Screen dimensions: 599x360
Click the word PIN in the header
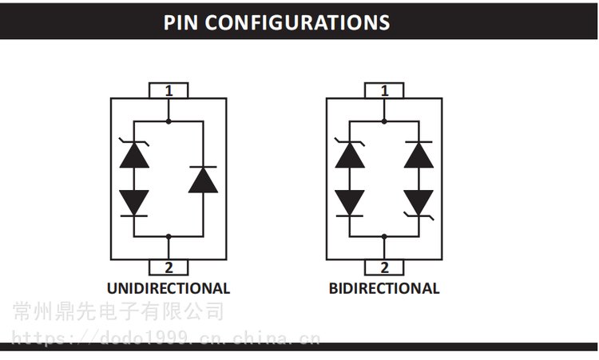(180, 22)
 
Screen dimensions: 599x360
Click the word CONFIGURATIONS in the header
(298, 22)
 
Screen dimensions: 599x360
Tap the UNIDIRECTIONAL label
(169, 288)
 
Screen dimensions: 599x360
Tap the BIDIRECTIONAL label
(384, 288)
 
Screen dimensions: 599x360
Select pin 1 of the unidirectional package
(169, 90)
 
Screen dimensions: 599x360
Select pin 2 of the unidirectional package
(169, 267)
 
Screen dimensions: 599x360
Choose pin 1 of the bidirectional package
(384, 90)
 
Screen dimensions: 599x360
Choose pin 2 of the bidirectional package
(384, 267)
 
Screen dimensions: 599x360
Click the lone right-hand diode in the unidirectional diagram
(203, 180)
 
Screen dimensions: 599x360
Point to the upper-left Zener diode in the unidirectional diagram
(134, 154)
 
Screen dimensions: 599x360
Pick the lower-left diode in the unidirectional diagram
(134, 203)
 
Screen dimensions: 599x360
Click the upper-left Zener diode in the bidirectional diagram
(350, 154)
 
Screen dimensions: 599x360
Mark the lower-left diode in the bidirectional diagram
(350, 203)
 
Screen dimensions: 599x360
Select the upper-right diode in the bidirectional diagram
(419, 154)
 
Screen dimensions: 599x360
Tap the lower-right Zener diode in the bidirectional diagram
(419, 204)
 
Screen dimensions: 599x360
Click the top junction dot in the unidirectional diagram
(169, 121)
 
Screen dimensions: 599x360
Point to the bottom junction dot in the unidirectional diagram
(169, 237)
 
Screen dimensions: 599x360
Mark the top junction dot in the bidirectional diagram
(384, 121)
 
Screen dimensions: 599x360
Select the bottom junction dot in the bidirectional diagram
(384, 237)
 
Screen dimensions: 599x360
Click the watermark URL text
(166, 338)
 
